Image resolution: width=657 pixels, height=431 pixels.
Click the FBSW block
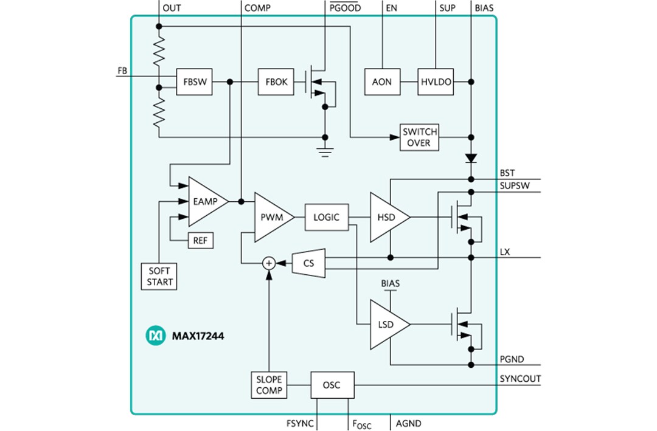coord(195,82)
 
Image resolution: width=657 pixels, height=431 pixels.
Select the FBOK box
coord(276,82)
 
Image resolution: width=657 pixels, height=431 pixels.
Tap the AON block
coord(381,82)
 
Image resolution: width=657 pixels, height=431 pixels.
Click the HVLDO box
coord(436,82)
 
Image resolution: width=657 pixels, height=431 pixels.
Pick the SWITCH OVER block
coord(419,137)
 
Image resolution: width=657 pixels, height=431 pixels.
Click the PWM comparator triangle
coord(271,217)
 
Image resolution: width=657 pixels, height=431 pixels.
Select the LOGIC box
coord(326,217)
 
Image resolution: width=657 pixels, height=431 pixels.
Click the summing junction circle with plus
coord(268,263)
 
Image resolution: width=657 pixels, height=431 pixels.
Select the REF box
coord(200,241)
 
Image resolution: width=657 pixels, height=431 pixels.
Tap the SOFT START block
coord(159,277)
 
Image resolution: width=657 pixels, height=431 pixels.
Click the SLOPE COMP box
coord(269,385)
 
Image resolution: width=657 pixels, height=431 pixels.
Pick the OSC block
coord(332,385)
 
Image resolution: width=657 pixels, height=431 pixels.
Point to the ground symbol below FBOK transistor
coord(326,151)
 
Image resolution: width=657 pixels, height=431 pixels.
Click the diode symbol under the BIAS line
coord(471,158)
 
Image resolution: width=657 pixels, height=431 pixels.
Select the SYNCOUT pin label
coord(520,379)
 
